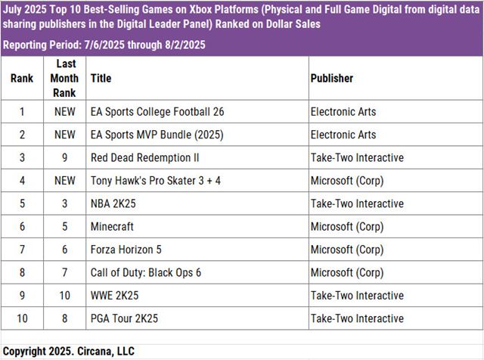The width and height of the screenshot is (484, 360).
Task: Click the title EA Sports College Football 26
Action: click(x=157, y=112)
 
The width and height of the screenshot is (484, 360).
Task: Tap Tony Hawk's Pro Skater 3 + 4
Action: click(x=155, y=181)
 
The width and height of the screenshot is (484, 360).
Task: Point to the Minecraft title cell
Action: click(x=112, y=226)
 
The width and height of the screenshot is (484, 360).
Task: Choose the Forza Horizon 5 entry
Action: click(x=126, y=250)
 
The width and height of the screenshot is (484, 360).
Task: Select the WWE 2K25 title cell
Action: click(x=115, y=296)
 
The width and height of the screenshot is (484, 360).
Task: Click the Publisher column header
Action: click(x=332, y=78)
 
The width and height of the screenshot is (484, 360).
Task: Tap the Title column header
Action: click(x=100, y=78)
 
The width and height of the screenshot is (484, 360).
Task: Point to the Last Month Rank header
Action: click(x=64, y=78)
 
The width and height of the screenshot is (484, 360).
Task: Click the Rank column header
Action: click(x=22, y=78)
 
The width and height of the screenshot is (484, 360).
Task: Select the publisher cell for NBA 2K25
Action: click(x=357, y=203)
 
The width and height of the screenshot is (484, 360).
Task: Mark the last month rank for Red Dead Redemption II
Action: click(x=64, y=157)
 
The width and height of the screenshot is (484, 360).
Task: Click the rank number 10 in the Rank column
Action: click(x=22, y=318)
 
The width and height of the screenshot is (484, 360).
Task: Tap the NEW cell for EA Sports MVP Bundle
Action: click(x=64, y=135)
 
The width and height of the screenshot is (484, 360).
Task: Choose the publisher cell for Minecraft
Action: click(x=347, y=226)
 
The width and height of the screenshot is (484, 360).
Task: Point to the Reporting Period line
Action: click(x=104, y=45)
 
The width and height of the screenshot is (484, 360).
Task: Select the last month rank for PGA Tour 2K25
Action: click(x=64, y=318)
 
